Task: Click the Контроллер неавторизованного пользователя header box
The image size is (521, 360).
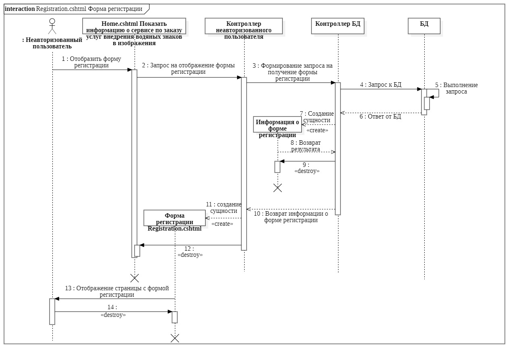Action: pos(244,27)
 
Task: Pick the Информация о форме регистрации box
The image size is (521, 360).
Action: pos(278,125)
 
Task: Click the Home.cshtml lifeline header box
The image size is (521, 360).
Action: pos(134,27)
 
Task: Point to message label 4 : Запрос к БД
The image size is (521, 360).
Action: pos(380,85)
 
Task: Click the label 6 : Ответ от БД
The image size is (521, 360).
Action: pos(380,117)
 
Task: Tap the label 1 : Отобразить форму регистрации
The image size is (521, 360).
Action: pos(91,62)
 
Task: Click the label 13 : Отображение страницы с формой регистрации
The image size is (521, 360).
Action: pos(117,291)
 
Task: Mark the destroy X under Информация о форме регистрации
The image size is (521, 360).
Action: pos(278,187)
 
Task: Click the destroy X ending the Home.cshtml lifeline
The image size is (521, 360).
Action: pos(135,278)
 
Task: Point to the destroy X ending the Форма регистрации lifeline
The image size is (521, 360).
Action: pos(175,338)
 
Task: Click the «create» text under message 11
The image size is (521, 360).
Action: pos(222,223)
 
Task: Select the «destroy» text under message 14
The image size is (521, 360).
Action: pos(113,314)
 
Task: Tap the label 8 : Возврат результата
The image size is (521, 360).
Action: pos(305,146)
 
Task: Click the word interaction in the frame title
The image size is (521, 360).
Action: pos(20,9)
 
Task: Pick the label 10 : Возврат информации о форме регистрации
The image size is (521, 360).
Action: pos(291,217)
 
